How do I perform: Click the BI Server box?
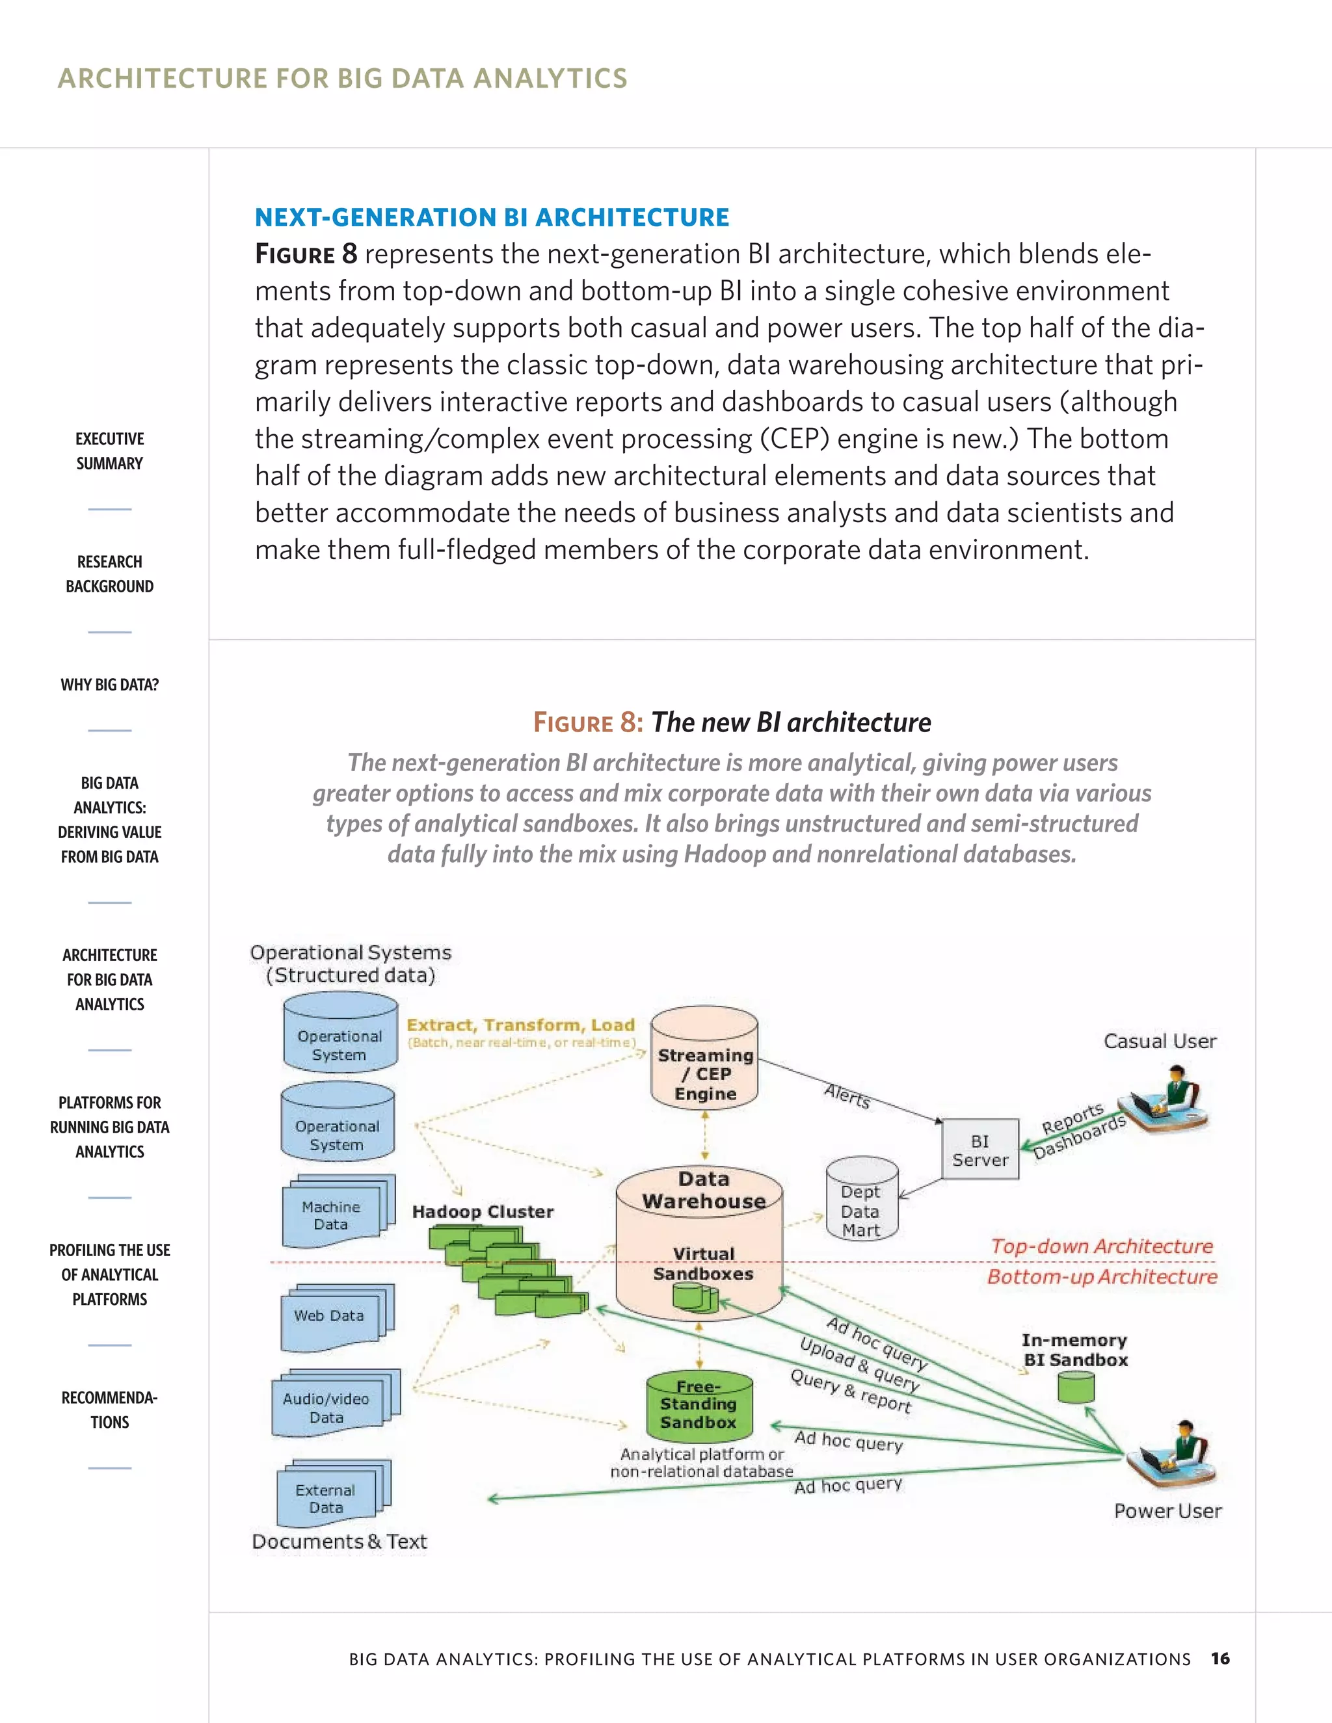[980, 1150]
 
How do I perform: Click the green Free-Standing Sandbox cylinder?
[699, 1406]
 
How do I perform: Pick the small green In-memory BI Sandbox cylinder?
[1076, 1386]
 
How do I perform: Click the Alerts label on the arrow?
[847, 1096]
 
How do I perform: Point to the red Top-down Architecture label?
[1102, 1246]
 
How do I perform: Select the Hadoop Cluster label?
[482, 1212]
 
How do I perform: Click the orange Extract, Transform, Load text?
[521, 1025]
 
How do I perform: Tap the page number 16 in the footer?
[1220, 1659]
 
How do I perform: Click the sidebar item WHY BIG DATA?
[110, 685]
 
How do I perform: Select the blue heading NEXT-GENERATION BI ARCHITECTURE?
[492, 217]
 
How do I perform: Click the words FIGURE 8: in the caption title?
[588, 722]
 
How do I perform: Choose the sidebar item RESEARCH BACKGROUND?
[110, 573]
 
